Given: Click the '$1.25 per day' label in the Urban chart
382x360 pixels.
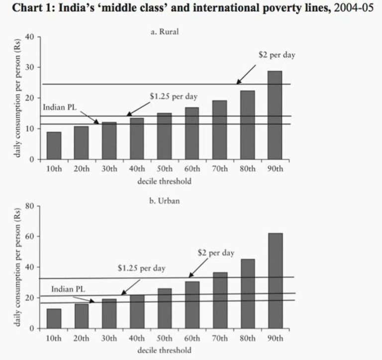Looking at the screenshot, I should click(142, 268).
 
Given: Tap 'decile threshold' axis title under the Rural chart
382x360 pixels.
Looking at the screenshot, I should click(164, 181).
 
